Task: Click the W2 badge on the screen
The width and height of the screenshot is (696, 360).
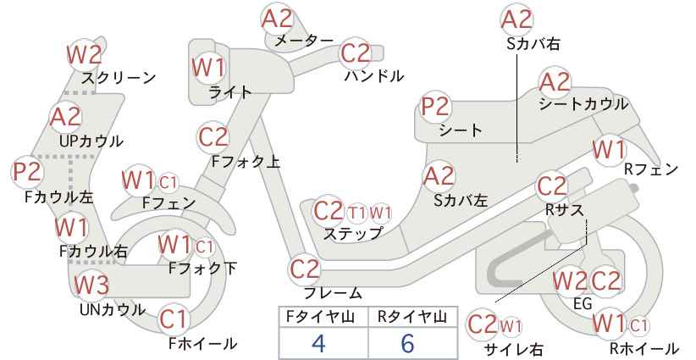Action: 85,54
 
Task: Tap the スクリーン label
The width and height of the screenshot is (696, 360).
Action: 119,78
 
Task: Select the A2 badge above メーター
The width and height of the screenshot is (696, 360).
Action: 278,19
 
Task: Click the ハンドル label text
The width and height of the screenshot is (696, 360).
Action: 374,76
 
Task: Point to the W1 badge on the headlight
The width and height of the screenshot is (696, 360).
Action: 208,68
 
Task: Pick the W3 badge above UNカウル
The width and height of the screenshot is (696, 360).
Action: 91,284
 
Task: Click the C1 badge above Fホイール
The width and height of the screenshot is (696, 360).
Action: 174,319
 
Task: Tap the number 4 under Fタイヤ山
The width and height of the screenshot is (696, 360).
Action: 318,343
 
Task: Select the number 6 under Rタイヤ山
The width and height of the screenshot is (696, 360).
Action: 407,343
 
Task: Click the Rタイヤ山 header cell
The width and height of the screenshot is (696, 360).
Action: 412,317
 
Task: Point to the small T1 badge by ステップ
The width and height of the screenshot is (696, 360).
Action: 357,213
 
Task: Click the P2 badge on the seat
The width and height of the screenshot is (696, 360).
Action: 436,108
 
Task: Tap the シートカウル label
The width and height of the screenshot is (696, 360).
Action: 583,104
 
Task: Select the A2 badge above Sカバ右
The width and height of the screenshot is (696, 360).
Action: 516,20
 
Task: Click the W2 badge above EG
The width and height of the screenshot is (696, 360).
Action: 570,281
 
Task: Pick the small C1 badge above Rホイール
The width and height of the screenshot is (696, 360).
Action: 638,326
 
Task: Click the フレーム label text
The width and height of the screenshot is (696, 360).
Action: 333,293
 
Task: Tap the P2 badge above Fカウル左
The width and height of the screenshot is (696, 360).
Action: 28,172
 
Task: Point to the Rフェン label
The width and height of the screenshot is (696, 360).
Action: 651,169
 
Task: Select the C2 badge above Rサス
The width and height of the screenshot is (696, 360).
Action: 552,186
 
